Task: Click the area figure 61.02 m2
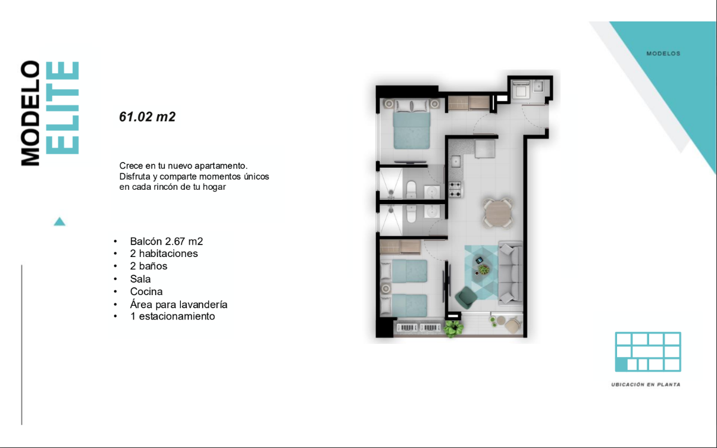147,117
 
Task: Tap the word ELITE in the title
62,108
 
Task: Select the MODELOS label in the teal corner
663,54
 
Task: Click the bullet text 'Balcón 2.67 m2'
167,242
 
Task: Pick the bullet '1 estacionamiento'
173,316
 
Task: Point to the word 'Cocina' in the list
146,292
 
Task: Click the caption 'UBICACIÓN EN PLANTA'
646,385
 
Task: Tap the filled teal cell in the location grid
621,365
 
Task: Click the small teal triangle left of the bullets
60,221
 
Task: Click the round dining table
498,213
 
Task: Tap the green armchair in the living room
466,297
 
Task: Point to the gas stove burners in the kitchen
455,189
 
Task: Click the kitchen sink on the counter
456,161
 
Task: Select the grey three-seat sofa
510,273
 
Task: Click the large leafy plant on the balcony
452,328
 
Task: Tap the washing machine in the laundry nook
521,89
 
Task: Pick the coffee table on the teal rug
482,267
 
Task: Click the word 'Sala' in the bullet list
140,279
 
